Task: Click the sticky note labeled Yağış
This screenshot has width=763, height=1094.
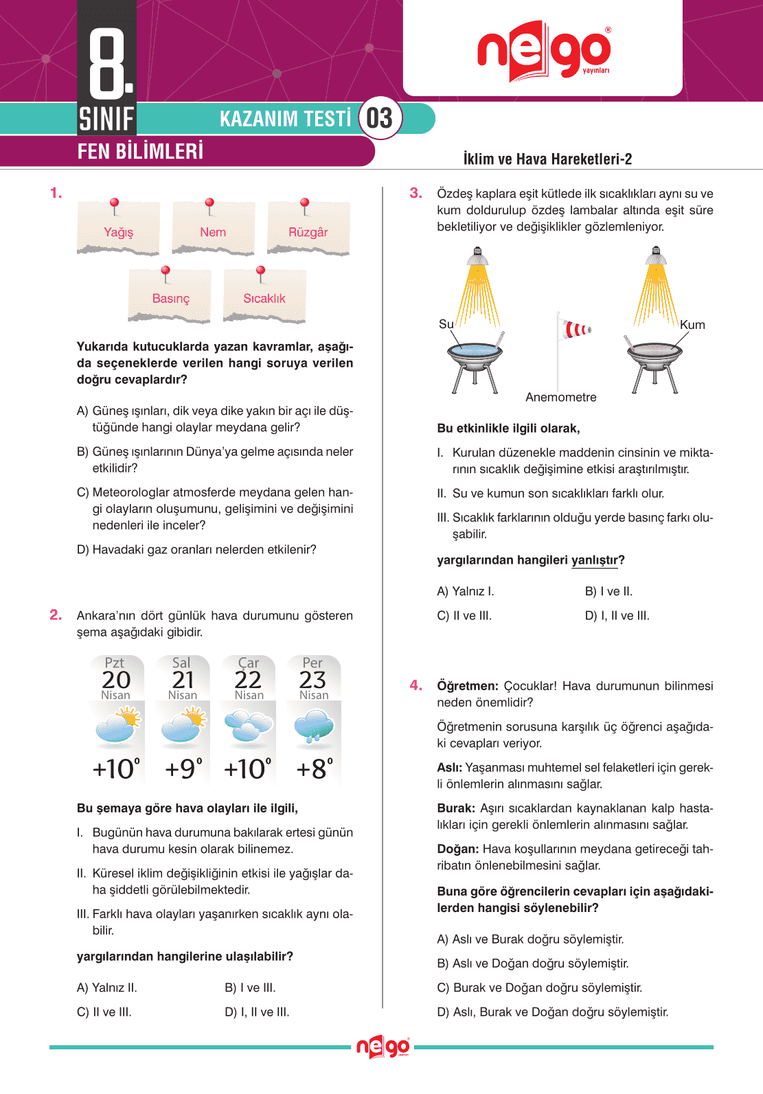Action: [118, 230]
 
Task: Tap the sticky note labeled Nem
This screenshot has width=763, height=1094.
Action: [213, 230]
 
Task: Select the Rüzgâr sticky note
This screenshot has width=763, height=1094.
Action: [308, 230]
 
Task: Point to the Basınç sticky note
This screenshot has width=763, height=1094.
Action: [170, 297]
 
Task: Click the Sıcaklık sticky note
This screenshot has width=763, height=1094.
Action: [264, 297]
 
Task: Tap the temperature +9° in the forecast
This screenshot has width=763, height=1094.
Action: [183, 768]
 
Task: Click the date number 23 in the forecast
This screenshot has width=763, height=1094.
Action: [312, 680]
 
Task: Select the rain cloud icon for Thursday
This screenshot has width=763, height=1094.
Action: [313, 728]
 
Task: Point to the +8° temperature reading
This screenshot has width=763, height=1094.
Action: [315, 768]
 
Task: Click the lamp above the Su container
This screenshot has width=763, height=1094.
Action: [477, 258]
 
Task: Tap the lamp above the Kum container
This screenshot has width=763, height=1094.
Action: [657, 258]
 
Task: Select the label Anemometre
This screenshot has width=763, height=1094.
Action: [560, 397]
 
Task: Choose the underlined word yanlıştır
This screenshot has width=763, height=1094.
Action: [595, 560]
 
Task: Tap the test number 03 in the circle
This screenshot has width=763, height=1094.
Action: [379, 118]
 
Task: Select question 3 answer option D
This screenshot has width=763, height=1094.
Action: [617, 616]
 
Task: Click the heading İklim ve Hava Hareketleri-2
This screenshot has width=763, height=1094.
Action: [547, 159]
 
